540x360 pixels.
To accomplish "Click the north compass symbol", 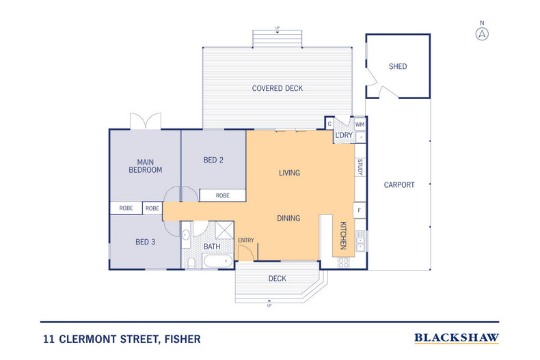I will [483, 33].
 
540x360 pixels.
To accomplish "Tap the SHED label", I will [397, 67].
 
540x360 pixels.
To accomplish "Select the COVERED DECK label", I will [277, 89].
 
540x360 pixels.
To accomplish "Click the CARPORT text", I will [399, 185].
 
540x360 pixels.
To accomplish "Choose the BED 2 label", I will [213, 161].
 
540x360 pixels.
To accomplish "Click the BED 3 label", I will [145, 241].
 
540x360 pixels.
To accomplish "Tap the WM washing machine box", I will [360, 124].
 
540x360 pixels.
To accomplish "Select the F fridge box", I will [360, 210].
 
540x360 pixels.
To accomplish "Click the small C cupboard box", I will [329, 124].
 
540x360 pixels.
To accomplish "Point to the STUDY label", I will [360, 167].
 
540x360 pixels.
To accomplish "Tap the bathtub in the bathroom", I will [217, 261].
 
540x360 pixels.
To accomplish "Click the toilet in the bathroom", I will [191, 262].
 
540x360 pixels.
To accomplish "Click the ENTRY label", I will [245, 240].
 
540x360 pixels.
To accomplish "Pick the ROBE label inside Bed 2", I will [223, 196].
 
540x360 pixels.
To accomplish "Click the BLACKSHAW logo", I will [457, 337].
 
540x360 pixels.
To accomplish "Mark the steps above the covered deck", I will [277, 38].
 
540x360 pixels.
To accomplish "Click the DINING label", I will [289, 219].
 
